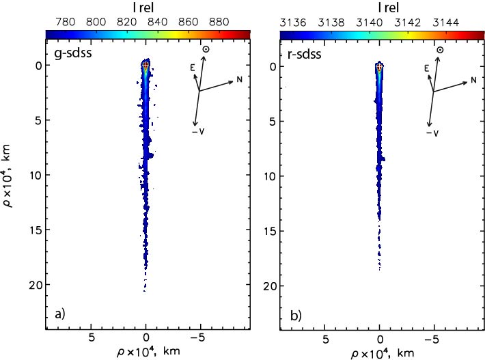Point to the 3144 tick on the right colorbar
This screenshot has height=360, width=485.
click(445, 22)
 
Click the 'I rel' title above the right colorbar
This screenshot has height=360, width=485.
click(380, 7)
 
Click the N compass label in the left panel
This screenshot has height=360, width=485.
click(240, 80)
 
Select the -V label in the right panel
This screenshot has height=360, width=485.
click(433, 133)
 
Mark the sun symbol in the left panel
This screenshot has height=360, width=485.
click(206, 50)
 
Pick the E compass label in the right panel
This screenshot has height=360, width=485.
click(426, 68)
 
